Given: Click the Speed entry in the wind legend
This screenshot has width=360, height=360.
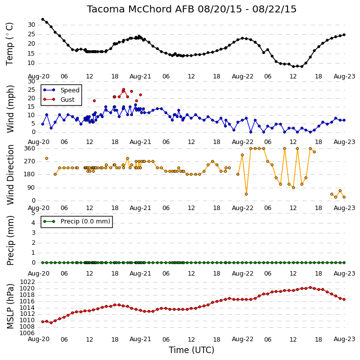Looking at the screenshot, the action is [61, 90].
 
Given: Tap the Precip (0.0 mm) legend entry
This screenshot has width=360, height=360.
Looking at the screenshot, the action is [76, 221].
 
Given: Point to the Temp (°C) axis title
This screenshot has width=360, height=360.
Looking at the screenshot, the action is [9, 44].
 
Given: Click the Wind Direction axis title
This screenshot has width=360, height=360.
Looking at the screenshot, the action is [10, 175].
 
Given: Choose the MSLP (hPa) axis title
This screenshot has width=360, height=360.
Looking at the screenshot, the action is [10, 306].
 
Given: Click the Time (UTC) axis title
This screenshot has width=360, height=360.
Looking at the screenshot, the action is [192, 350].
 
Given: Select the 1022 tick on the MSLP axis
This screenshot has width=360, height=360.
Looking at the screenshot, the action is [27, 282].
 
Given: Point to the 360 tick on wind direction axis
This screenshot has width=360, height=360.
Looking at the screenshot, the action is [30, 148].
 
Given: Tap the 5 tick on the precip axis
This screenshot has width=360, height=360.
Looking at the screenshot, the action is [33, 213].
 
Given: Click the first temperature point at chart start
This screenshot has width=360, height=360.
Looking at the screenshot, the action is [43, 19].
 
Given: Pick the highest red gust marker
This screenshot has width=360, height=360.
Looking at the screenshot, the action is [124, 89].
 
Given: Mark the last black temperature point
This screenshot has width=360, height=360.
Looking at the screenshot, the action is [344, 35].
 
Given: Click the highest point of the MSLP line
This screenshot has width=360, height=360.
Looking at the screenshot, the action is [310, 288].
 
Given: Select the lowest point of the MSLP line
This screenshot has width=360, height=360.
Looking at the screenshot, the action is [51, 323].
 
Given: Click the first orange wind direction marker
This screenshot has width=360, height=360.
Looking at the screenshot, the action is [47, 158].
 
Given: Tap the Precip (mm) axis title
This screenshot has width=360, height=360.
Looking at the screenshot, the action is [10, 240].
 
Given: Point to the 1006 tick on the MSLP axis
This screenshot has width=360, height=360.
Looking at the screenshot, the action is [27, 333].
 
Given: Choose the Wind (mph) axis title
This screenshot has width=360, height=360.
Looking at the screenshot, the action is [10, 109].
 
